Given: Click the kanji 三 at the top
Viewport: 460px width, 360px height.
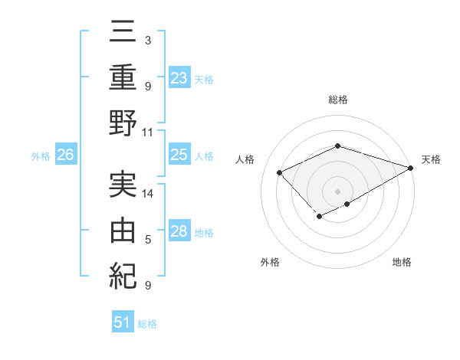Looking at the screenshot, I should coord(123,33).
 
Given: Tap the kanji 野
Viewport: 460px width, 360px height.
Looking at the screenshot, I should coord(123,122).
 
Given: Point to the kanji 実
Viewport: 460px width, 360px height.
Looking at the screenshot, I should coord(123,184).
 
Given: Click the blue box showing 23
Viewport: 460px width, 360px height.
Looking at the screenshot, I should coord(179,78).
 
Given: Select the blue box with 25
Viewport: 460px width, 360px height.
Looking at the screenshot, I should coord(179,155).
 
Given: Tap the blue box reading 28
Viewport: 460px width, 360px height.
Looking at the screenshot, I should coord(179,232).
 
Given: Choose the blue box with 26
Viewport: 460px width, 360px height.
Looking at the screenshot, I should coord(65,155).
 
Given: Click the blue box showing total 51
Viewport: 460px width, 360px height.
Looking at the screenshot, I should coord(123,322).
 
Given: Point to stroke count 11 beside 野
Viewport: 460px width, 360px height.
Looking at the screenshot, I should coord(148,132).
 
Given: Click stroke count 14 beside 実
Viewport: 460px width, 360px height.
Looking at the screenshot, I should coord(148,194).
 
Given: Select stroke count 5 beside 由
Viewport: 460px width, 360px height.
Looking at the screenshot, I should coord(148,240).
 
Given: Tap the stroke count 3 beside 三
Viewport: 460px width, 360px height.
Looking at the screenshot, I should coord(148,40).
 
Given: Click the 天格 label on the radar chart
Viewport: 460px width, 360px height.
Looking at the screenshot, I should coord(431,159).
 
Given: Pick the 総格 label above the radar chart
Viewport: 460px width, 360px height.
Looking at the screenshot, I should coord(338,100).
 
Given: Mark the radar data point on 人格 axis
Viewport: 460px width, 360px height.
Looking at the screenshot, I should coord(280,173).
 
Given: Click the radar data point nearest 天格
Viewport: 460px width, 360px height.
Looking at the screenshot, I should coord(411,167).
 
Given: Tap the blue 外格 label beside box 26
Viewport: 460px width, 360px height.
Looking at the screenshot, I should coord(41,156).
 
